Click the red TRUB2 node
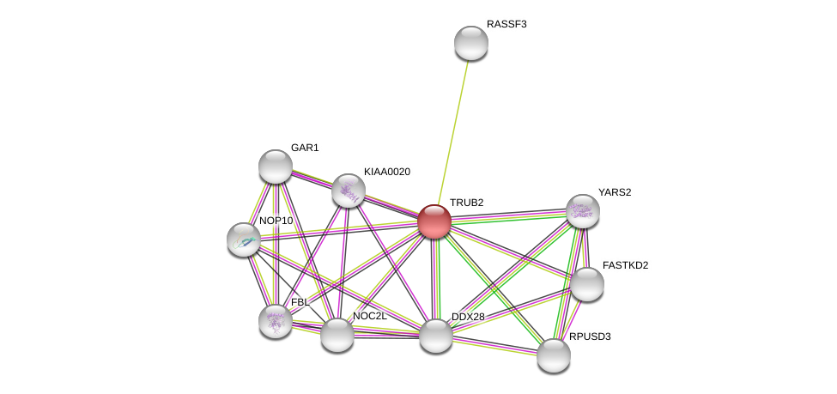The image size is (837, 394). tap(434, 221)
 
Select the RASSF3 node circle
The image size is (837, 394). tap(470, 43)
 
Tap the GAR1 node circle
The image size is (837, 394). tap(276, 167)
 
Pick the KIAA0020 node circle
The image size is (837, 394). tap(348, 191)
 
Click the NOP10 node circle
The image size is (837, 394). tap(244, 239)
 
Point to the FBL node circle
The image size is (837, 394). tap(275, 320)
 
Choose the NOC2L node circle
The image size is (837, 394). tap(337, 334)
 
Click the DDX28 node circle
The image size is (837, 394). tap(435, 335)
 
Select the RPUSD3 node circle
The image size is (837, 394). tap(554, 355)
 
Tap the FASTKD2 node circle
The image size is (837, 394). tap(587, 284)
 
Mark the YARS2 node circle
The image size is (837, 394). tap(582, 210)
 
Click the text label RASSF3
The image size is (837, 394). tap(506, 24)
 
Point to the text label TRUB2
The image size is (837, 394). tap(466, 203)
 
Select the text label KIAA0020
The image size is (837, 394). tap(386, 172)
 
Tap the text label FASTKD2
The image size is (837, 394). tap(625, 265)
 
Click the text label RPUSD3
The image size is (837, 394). tap(590, 336)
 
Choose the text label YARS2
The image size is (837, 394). tap(615, 192)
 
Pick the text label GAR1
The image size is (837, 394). tap(305, 148)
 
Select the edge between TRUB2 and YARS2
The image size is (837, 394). tap(508, 215)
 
